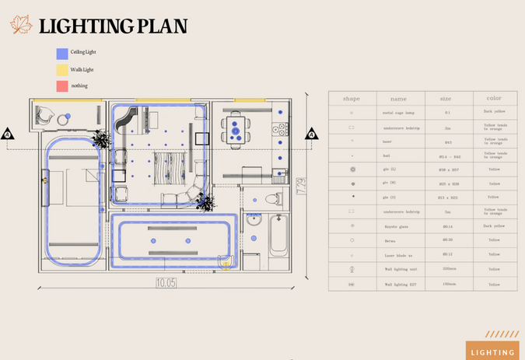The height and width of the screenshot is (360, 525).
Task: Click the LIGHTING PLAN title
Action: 114,26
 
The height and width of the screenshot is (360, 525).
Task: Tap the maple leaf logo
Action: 21,25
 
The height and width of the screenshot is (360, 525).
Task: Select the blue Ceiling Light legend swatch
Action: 61,54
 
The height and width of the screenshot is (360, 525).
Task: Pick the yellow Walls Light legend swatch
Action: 61,70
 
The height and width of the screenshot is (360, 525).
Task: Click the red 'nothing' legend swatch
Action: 61,86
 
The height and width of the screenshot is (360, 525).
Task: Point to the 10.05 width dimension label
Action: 166,282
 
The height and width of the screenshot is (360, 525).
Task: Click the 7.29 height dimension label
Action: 301,187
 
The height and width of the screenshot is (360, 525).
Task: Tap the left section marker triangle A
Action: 8,135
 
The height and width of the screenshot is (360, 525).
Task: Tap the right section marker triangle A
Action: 311,135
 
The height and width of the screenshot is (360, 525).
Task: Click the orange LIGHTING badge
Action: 492,352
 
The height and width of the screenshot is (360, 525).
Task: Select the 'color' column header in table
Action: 494,99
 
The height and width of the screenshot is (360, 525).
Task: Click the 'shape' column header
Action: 352,99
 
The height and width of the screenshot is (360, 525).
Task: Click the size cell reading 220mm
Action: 448,268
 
